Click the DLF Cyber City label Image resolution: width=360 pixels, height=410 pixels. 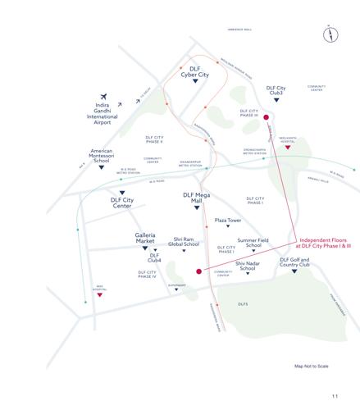[195, 71]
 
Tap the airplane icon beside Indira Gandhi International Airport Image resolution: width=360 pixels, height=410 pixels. [103, 97]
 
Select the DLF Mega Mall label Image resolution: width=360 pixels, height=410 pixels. [197, 197]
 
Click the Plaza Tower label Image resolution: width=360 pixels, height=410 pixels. [227, 220]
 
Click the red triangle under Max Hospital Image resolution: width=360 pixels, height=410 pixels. [99, 294]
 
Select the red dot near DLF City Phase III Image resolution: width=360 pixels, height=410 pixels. [266, 118]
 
